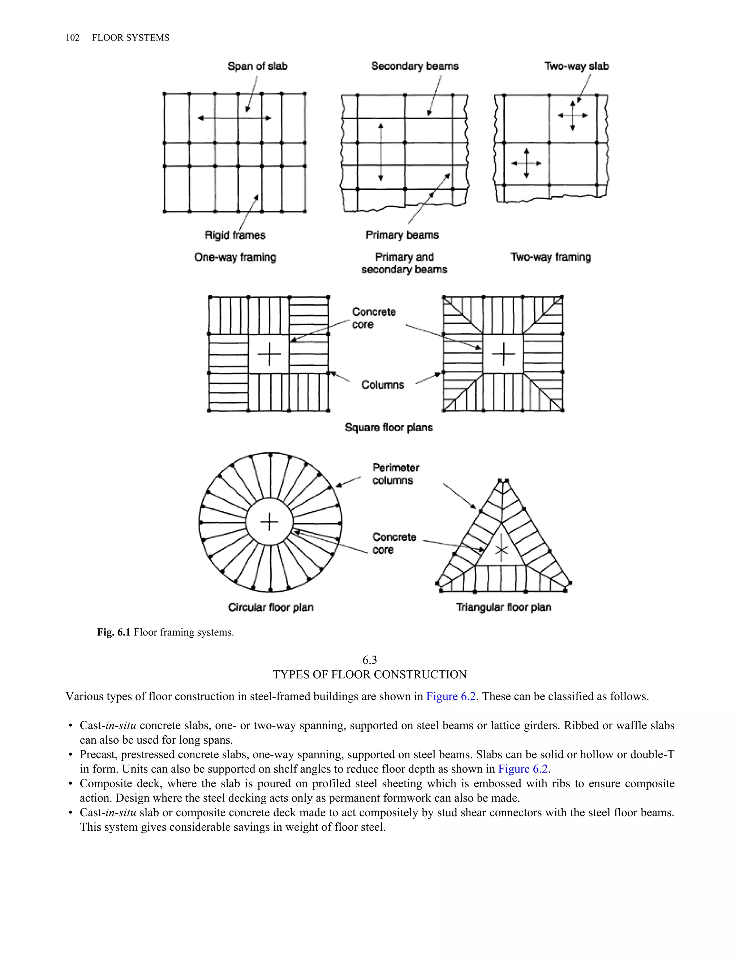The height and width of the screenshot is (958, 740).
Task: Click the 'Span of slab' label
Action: click(257, 66)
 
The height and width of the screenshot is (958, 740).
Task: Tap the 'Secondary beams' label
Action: click(414, 66)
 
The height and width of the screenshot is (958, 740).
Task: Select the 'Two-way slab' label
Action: click(576, 66)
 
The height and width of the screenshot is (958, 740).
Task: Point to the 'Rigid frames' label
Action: click(235, 235)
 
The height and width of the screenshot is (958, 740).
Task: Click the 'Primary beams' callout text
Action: click(402, 235)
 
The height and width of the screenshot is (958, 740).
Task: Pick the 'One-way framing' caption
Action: click(235, 257)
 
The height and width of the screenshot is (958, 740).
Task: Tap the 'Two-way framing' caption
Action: click(551, 257)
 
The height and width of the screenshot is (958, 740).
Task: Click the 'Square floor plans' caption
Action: click(388, 427)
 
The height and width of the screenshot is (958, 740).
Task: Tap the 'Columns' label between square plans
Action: click(382, 385)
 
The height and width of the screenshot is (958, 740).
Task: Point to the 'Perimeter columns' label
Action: click(395, 474)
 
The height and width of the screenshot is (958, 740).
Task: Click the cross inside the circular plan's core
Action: click(269, 522)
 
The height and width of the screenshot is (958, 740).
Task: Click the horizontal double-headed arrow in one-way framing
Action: click(235, 118)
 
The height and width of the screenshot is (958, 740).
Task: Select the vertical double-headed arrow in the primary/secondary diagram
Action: click(380, 152)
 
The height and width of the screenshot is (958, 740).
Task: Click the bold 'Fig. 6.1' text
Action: click(113, 632)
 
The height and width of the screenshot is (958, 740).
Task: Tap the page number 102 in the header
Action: click(72, 38)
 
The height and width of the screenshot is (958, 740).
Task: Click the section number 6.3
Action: click(370, 660)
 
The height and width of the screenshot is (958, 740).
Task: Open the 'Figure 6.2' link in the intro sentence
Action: click(451, 697)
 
